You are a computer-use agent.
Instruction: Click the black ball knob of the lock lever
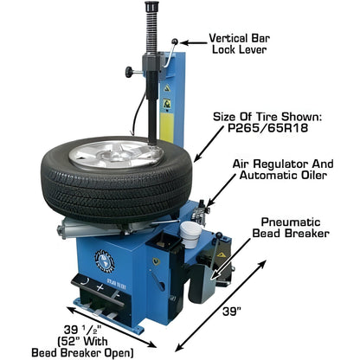pyautogui.click(x=176, y=41)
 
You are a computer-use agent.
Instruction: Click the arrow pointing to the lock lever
pyautogui.click(x=191, y=41)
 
